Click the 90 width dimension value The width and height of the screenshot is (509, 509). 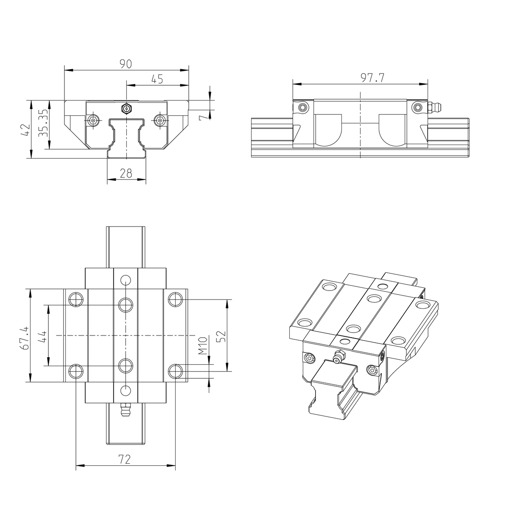tap(126, 64)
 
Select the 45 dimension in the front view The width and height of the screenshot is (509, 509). tap(157, 79)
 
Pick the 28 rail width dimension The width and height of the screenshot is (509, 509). tap(126, 173)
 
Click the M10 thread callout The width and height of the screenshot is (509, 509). tap(202, 346)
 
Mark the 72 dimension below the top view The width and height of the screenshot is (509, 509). tap(125, 459)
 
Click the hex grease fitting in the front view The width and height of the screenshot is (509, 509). tap(126, 108)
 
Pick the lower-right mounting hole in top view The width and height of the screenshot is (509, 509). tap(175, 371)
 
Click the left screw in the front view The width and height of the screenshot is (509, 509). tap(93, 120)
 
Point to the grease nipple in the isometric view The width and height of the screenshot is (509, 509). tap(338, 357)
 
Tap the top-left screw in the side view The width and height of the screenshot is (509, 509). tap(302, 107)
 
